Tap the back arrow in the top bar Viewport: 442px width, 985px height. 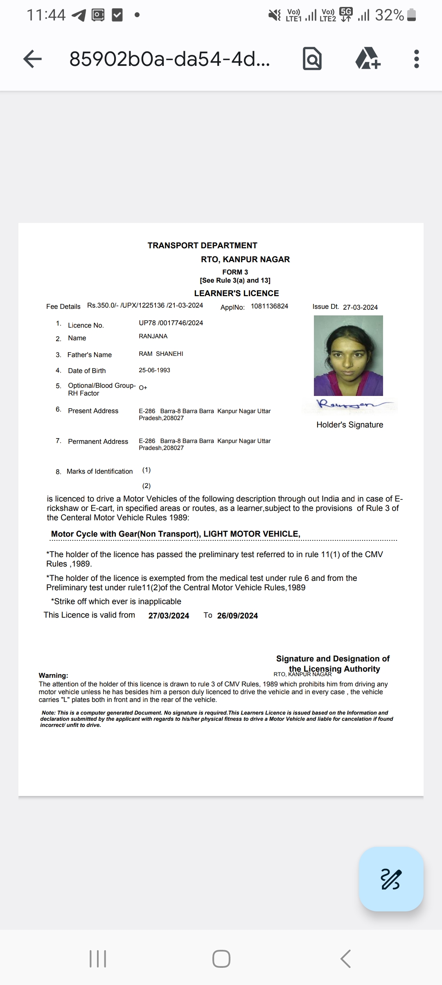[x=32, y=59]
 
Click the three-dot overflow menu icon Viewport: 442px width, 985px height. [x=417, y=59]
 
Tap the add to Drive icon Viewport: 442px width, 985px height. [x=368, y=59]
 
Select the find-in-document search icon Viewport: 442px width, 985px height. [x=312, y=59]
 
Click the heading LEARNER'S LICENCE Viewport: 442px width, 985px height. [x=236, y=293]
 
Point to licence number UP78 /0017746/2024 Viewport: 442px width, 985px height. [x=171, y=323]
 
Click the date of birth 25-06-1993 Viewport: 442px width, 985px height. [x=154, y=370]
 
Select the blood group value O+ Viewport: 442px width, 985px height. [x=143, y=387]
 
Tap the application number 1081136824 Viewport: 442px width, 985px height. [x=269, y=306]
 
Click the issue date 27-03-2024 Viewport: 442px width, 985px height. [x=360, y=307]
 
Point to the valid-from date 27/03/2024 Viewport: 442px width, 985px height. [x=169, y=616]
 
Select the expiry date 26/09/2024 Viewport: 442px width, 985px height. [x=237, y=616]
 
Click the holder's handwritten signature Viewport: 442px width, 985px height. [x=350, y=405]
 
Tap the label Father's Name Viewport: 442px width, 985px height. [x=89, y=355]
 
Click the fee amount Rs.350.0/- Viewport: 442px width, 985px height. [x=103, y=306]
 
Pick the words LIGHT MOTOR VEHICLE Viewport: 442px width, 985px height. [x=252, y=534]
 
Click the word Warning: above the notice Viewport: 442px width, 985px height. [x=53, y=675]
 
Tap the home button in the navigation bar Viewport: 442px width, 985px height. [x=221, y=958]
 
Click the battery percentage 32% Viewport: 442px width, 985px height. [x=389, y=15]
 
